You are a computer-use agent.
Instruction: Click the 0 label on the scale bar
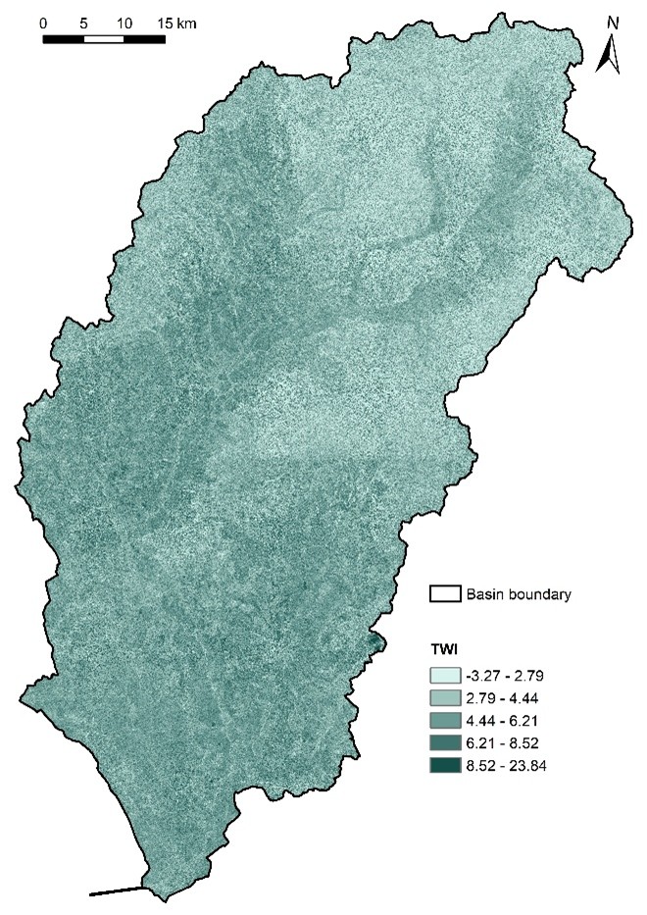[44, 22]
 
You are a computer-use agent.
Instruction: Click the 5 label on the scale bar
[84, 22]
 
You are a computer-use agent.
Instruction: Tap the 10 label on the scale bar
[124, 22]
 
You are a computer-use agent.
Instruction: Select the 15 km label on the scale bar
[174, 22]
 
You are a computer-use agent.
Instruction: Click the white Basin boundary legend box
[445, 593]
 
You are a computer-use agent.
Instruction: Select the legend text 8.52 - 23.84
[509, 765]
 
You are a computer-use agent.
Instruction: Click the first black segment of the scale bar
[64, 39]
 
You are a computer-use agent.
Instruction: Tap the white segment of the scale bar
[104, 39]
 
